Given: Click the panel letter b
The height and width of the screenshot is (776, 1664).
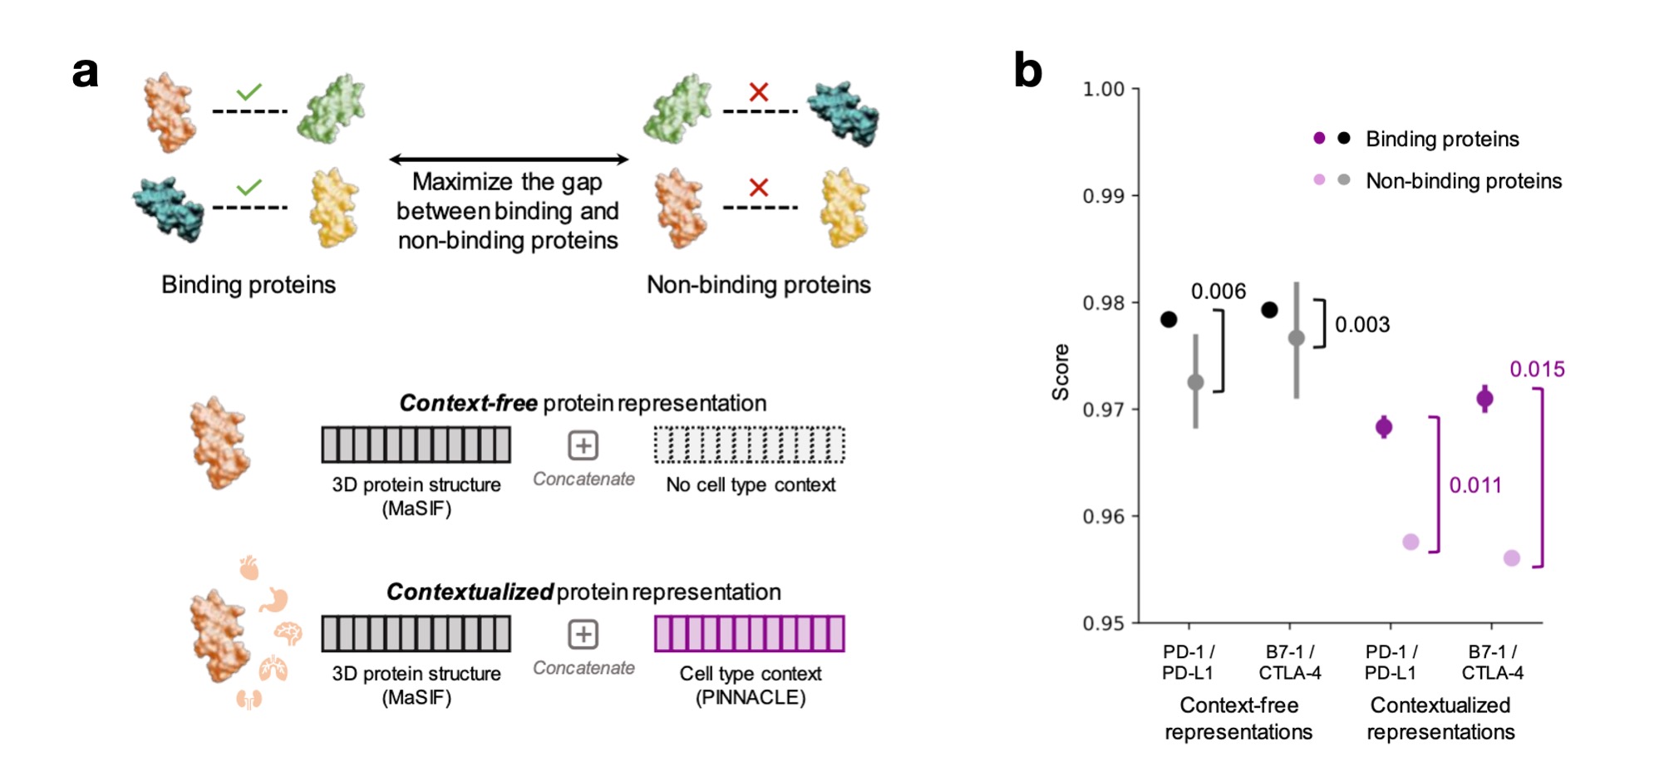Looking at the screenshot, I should click(1028, 71).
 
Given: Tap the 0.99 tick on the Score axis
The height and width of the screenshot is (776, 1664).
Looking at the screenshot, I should click(1103, 196).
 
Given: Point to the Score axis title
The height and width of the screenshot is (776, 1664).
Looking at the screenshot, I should click(1061, 371).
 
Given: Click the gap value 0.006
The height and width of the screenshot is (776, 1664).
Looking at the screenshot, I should click(1218, 292).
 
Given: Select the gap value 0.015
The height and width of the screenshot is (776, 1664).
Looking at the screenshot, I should click(1537, 370).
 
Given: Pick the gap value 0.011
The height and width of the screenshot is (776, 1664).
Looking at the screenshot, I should click(1475, 485).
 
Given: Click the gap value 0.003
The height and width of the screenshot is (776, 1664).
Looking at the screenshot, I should click(1362, 325).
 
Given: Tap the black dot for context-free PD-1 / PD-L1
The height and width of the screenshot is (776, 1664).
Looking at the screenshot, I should click(1169, 319).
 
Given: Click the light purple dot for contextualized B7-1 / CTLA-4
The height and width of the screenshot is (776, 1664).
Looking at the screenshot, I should click(1512, 558).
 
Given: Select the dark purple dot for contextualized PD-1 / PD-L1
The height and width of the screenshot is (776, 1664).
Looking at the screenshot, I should click(1384, 427).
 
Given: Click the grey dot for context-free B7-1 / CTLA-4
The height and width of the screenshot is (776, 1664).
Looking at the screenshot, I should click(1297, 338).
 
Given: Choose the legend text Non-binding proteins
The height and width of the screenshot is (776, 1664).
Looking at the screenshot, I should click(1464, 181).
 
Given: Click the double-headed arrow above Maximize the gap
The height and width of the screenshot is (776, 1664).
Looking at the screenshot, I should click(509, 159).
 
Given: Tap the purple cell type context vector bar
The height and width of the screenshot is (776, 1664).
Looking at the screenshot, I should click(749, 634).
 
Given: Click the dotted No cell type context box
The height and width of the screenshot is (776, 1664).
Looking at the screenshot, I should click(749, 444).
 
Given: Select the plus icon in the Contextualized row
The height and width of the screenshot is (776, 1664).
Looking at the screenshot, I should click(583, 635).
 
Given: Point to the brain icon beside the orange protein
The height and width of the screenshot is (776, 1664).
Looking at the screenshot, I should click(288, 634).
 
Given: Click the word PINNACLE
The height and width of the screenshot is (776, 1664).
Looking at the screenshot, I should click(751, 697).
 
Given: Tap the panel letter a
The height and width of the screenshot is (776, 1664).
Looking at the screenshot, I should click(86, 72).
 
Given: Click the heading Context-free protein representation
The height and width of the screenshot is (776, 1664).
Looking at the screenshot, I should click(583, 403).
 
